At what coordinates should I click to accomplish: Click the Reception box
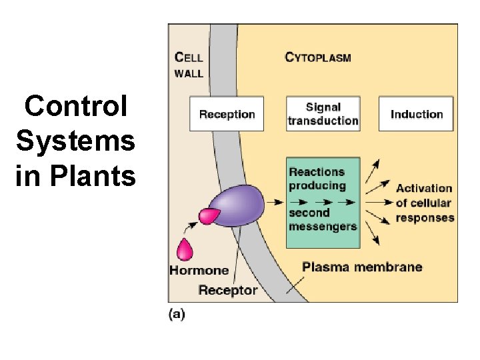[227, 114]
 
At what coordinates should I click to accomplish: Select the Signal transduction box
[323, 114]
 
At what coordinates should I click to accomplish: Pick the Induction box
[417, 114]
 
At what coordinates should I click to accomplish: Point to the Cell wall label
[189, 64]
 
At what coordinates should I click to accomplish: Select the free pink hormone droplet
[184, 249]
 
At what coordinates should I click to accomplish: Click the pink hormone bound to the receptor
[209, 215]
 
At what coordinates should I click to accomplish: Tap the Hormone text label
[199, 271]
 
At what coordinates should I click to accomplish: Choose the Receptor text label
[228, 290]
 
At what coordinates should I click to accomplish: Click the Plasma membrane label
[362, 267]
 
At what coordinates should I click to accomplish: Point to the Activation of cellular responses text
[424, 203]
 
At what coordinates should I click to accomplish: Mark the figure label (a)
[177, 313]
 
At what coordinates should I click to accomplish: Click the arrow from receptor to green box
[273, 199]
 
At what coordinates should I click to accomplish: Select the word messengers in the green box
[323, 226]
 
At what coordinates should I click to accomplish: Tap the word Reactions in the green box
[317, 172]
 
